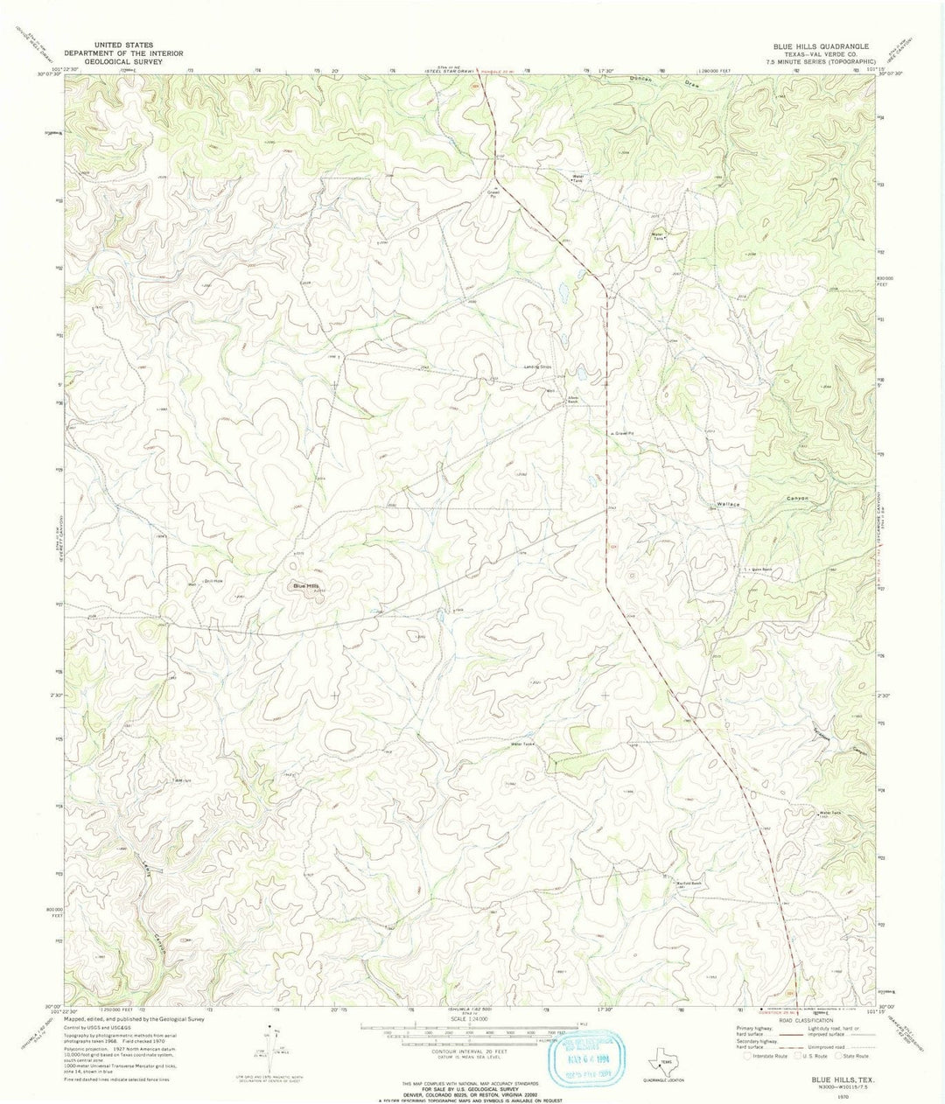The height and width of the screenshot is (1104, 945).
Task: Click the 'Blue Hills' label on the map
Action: coord(307,586)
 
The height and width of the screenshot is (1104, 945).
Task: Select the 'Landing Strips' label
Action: coord(541,367)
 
